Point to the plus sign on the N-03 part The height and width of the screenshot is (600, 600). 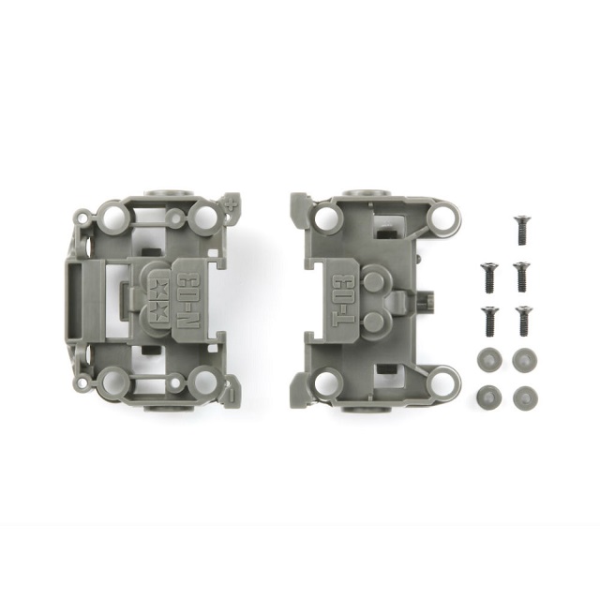point(231,204)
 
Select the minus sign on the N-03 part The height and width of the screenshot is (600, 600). point(232,394)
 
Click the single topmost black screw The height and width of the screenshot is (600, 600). point(521,230)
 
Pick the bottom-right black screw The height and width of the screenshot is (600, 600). point(523,321)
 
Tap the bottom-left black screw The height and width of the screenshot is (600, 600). point(489,321)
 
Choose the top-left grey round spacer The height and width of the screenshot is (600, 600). point(487,359)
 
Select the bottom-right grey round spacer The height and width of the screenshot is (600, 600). point(525,397)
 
